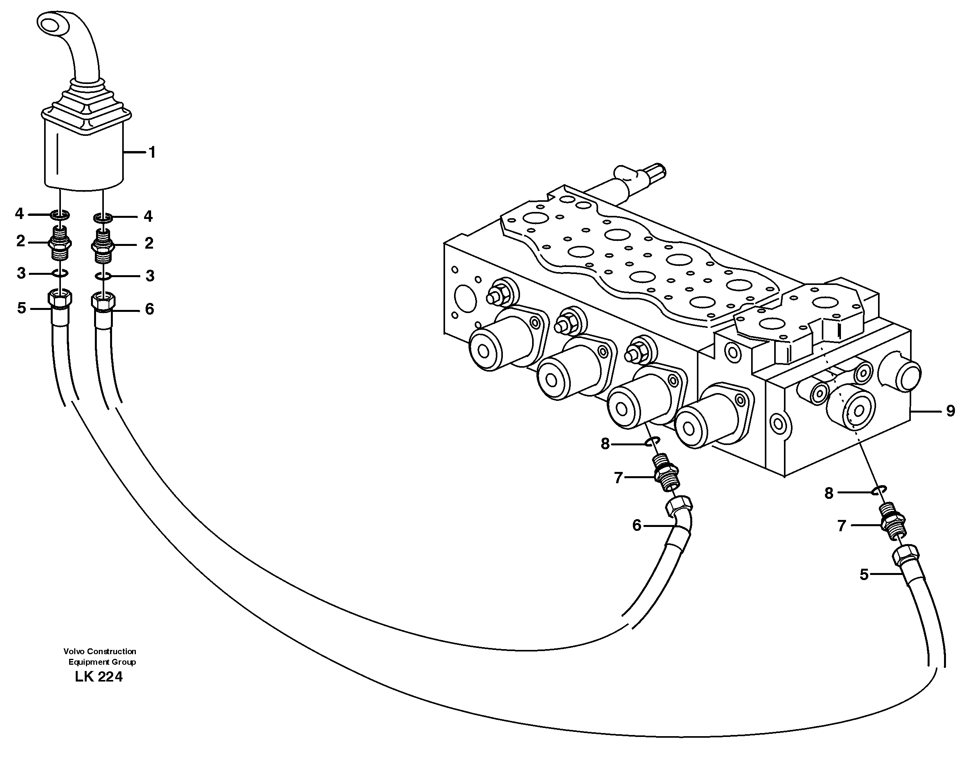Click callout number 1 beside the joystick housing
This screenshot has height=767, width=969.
point(152,153)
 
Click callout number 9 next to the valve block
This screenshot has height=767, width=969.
point(950,411)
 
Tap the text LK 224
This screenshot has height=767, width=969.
point(99,677)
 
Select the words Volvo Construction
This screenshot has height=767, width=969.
point(100,651)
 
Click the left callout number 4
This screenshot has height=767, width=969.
point(19,214)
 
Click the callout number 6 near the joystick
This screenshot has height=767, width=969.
point(150,309)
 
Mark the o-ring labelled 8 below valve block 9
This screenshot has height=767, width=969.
point(878,490)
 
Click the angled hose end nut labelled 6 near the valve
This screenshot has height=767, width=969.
point(677,507)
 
